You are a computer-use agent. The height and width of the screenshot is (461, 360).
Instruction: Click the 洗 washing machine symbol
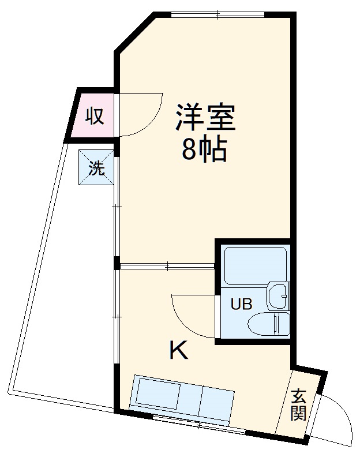coord(96,168)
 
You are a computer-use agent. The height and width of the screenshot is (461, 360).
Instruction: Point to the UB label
coord(241,304)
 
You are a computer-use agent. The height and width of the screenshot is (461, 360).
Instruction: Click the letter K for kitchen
coord(178,350)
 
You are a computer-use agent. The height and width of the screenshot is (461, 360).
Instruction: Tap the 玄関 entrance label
coord(298,405)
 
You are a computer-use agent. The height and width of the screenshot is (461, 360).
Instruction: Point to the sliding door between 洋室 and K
coord(167,266)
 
